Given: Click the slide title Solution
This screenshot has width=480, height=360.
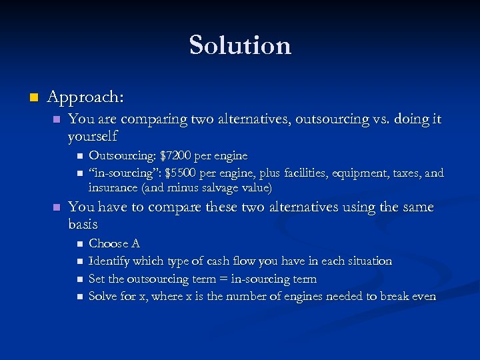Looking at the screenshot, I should tap(240, 45).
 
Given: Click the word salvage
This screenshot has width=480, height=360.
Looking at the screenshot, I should tap(215, 188).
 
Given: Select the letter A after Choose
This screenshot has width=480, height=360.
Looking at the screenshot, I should tap(135, 244).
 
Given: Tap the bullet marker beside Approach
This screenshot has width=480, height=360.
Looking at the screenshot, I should tap(33, 98).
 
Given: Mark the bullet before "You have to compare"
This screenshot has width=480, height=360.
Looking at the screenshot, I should tap(57, 208).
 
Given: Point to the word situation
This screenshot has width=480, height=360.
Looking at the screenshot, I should tap(367, 261).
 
